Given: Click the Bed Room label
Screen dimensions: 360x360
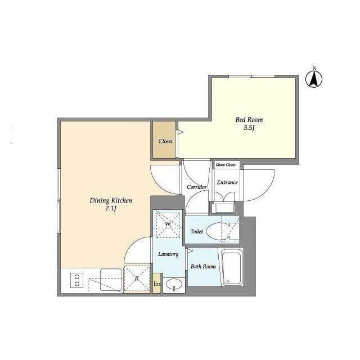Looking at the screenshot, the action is click(249, 120).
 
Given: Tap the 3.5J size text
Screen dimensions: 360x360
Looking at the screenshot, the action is click(249, 128).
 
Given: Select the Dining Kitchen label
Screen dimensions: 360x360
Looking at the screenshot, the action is click(111, 201).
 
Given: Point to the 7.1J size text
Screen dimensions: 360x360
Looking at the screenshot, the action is click(111, 209).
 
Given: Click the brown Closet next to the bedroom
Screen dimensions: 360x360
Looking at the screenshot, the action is click(164, 140).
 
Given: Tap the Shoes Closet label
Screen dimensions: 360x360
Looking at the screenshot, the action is click(226, 165).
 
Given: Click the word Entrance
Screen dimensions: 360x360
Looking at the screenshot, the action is click(227, 182).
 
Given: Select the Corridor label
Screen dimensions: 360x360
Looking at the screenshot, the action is click(196, 187).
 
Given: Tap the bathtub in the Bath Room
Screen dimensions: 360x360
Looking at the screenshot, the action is click(232, 267).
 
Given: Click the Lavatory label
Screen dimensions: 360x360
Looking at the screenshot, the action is click(168, 254).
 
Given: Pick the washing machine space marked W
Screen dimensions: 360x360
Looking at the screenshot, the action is click(168, 224).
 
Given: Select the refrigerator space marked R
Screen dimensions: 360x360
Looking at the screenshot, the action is click(137, 278).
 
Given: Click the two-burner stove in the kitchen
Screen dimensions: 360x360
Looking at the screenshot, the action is click(76, 280).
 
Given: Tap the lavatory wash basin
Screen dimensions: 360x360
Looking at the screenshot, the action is click(174, 285).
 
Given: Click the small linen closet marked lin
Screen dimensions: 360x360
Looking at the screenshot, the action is click(157, 283).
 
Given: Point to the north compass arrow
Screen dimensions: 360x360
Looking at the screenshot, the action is click(314, 79).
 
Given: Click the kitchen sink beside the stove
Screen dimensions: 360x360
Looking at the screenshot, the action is click(111, 280).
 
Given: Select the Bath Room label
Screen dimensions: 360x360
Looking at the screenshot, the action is click(204, 267).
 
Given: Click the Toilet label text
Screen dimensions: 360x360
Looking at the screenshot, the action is click(197, 231).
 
